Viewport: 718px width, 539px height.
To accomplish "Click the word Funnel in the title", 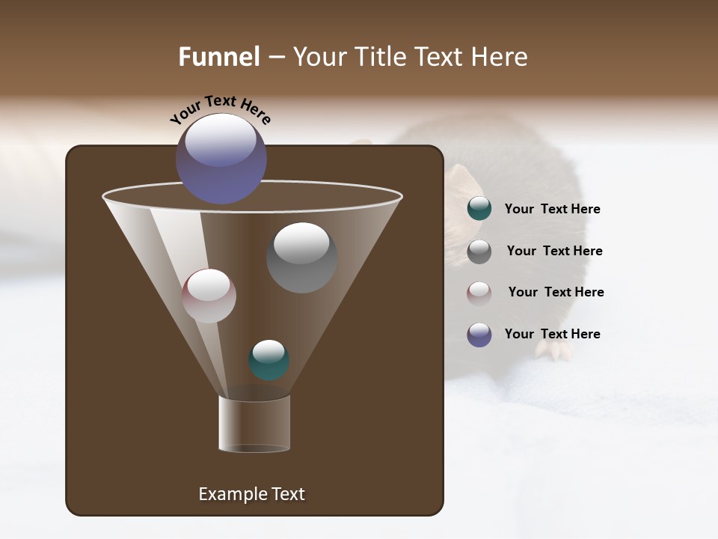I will coord(219,57).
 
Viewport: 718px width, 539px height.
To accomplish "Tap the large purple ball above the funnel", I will coord(221,158).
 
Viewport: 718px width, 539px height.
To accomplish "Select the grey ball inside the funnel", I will coord(301,257).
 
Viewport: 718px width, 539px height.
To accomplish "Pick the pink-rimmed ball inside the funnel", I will coord(209,296).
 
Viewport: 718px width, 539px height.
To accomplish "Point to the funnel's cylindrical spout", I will coord(254,424).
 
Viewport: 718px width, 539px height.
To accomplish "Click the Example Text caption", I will coord(252,494).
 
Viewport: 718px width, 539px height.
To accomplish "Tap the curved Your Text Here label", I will coord(221,109).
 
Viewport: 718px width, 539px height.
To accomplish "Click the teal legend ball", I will coord(479,209).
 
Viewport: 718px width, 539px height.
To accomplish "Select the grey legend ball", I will coord(479,252).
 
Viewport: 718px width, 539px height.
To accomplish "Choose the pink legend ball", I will coord(479,293).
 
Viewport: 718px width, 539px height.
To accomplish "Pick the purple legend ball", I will coord(479,335).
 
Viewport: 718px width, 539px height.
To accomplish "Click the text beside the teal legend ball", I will coord(552,210).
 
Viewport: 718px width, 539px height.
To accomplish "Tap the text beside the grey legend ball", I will coord(554,252).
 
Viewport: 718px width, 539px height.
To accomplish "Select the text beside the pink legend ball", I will coord(556,293).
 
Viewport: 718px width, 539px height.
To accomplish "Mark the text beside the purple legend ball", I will coord(552,335).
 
